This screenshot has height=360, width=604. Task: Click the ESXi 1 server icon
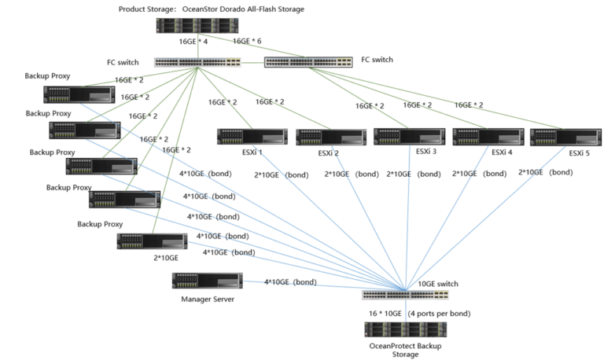(241, 137)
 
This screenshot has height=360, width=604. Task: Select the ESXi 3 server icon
(398, 136)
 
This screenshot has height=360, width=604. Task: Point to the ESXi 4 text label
(496, 152)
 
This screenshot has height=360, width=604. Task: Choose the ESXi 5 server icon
(554, 137)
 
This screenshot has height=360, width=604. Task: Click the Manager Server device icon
(206, 281)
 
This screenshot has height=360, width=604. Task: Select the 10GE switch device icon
(406, 296)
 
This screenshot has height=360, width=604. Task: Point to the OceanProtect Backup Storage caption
(401, 349)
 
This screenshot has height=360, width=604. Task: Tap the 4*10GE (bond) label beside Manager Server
(290, 281)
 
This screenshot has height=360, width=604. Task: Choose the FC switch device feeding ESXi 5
(308, 61)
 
